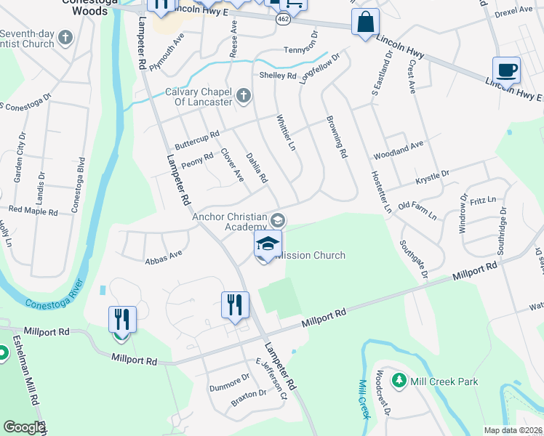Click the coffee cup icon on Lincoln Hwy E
click(506, 71)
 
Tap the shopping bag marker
click(365, 23)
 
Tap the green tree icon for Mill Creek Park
click(399, 380)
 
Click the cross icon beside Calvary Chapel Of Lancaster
click(244, 94)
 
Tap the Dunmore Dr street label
click(230, 378)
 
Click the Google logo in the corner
click(24, 427)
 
